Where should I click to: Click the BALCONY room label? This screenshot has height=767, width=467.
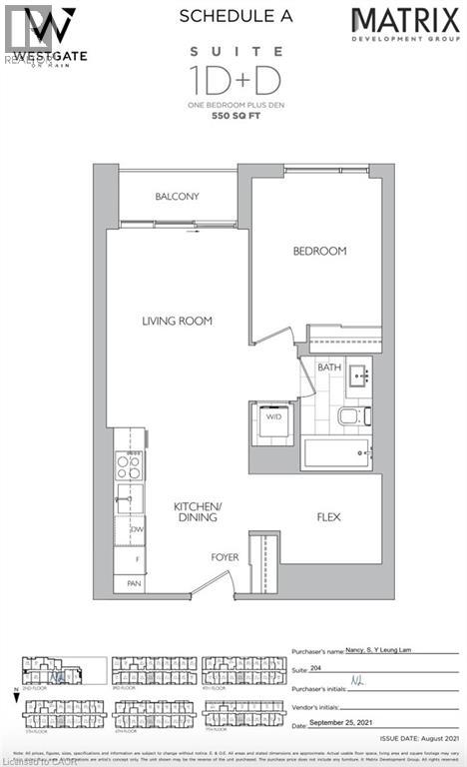click(x=178, y=197)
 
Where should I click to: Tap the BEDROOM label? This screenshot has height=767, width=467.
click(x=319, y=251)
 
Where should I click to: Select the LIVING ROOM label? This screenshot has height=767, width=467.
click(x=177, y=321)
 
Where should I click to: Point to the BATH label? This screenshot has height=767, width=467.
click(x=329, y=368)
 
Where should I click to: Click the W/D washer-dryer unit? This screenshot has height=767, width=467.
click(x=270, y=418)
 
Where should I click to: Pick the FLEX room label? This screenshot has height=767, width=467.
click(x=330, y=517)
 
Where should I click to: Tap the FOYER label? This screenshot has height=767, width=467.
click(x=224, y=557)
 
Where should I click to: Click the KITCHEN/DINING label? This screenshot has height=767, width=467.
click(x=196, y=512)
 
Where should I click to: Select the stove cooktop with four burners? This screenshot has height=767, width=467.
click(x=129, y=463)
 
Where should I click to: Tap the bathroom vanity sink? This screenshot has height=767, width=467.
click(x=357, y=377)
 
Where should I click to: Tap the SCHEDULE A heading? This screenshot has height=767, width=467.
click(x=233, y=15)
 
